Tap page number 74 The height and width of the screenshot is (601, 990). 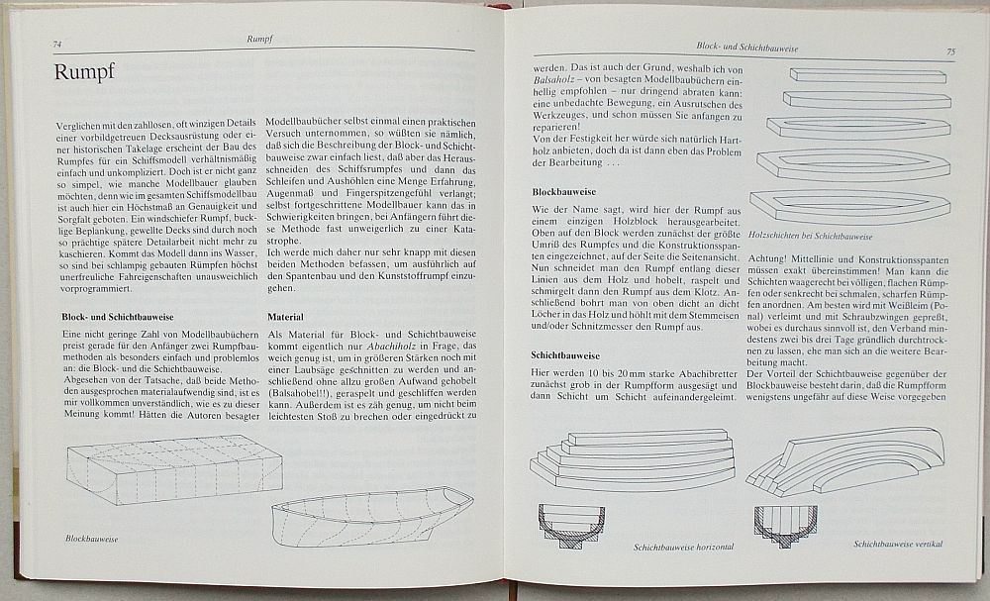pyautogui.click(x=59, y=44)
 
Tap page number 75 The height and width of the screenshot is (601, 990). pyautogui.click(x=949, y=51)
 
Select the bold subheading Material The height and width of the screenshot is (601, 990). pyautogui.click(x=285, y=317)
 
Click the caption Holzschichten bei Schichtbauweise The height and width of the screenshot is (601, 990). pyautogui.click(x=811, y=238)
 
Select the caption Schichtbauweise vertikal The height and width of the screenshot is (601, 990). pyautogui.click(x=898, y=544)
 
